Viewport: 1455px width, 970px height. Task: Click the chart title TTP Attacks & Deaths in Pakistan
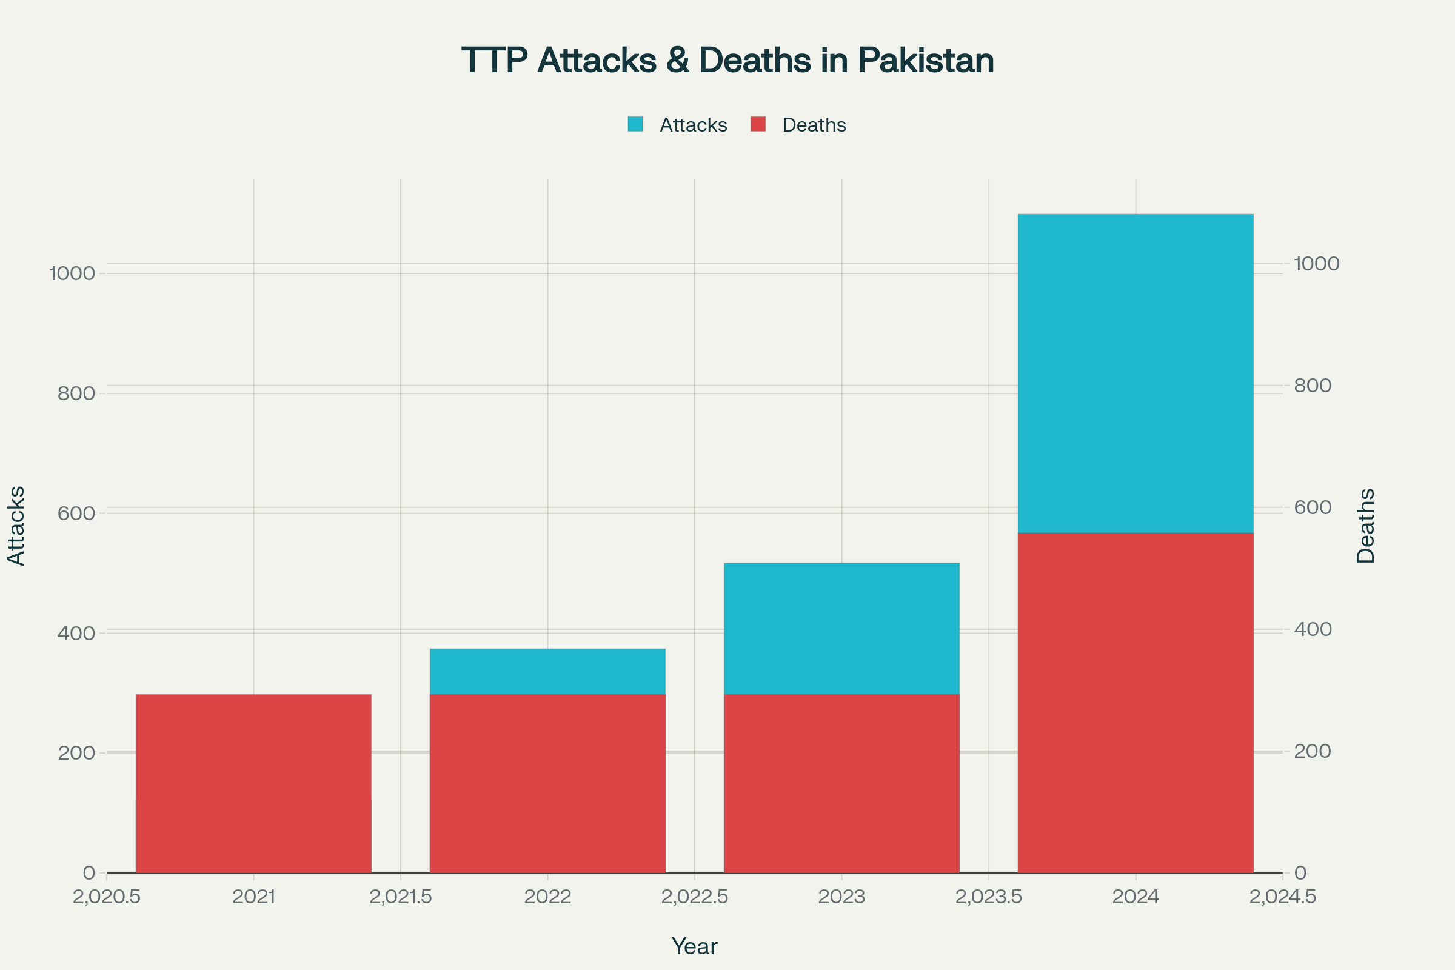[727, 61]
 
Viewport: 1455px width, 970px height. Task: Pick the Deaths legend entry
[800, 125]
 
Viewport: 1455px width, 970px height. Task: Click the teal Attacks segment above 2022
[547, 671]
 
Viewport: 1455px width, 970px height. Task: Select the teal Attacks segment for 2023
[841, 628]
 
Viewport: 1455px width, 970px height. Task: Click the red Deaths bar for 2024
[1135, 702]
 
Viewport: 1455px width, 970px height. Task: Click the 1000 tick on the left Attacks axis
[72, 273]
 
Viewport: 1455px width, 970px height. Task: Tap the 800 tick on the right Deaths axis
[1313, 386]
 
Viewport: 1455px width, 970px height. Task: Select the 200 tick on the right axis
[1313, 751]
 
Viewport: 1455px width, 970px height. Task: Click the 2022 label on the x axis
[547, 897]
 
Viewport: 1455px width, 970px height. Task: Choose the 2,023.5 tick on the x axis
[988, 897]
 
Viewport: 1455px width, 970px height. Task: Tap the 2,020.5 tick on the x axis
[107, 897]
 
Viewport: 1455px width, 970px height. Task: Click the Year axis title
[694, 946]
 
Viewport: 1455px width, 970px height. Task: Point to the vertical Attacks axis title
[16, 526]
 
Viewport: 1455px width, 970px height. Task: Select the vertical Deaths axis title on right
[1366, 526]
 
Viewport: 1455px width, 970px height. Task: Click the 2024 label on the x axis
[1135, 897]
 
